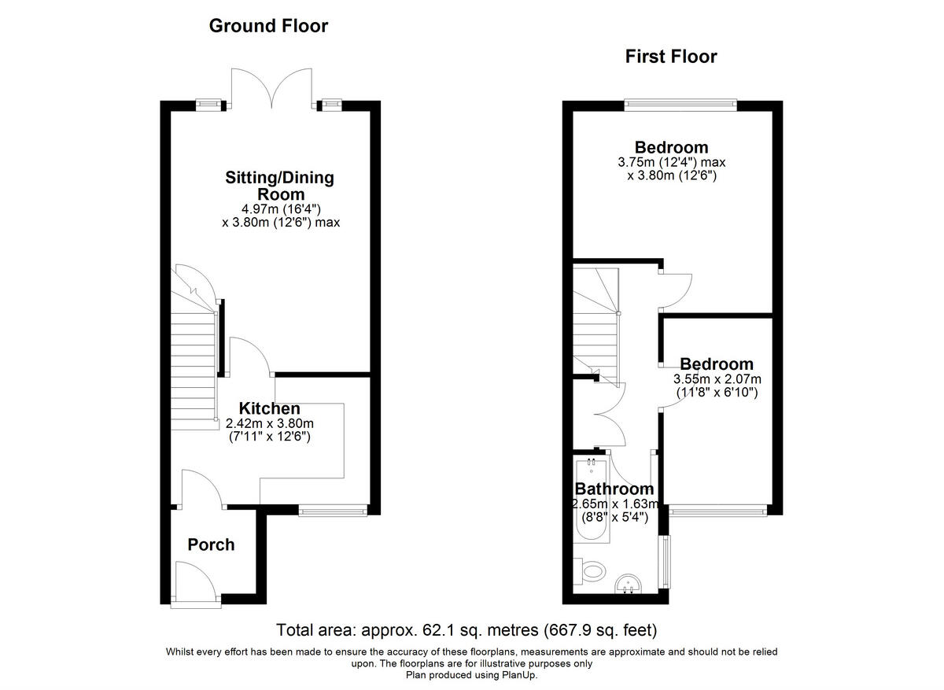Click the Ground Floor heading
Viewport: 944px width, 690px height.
tap(268, 26)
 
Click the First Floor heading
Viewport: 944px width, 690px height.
tap(671, 57)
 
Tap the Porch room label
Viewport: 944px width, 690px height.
tap(211, 544)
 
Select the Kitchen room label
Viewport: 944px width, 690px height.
tap(270, 408)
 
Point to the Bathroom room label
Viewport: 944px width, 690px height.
tap(614, 489)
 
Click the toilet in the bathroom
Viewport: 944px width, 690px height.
tap(590, 572)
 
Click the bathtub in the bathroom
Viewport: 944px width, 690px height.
tap(592, 500)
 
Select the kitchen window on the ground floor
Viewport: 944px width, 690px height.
tap(334, 511)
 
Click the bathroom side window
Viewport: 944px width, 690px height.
tap(666, 562)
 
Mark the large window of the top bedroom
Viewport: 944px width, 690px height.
tap(680, 105)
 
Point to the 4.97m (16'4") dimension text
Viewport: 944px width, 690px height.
tap(281, 209)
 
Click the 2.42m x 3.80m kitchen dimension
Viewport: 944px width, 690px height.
tap(270, 423)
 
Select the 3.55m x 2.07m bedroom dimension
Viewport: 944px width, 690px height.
tap(717, 378)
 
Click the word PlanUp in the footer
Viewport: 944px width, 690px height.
tap(518, 675)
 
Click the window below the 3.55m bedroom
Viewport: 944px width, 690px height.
tap(717, 511)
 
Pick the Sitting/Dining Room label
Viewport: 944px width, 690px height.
tap(280, 186)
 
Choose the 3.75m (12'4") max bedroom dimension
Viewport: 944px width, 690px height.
tap(672, 162)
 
